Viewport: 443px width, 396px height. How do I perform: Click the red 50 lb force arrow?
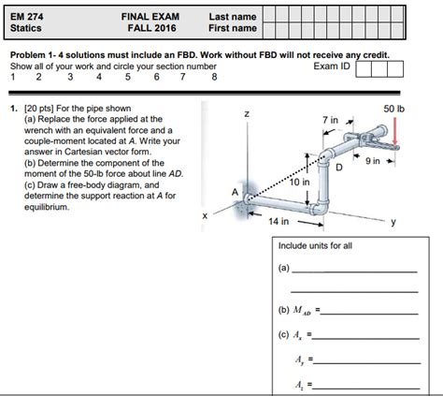pos(395,131)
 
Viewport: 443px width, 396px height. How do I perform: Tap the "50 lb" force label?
pos(393,109)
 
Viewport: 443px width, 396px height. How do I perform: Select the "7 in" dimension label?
pos(330,120)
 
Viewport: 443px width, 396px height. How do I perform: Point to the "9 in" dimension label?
pos(373,161)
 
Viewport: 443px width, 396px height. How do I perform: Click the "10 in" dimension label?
pos(299,182)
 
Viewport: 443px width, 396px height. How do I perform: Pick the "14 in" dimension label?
pos(279,221)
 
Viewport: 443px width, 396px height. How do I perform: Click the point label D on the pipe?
pos(339,168)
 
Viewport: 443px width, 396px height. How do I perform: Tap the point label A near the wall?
pos(235,192)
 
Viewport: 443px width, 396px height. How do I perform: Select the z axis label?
pos(247,114)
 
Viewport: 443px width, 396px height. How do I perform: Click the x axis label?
pos(205,215)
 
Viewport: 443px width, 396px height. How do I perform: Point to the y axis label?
pos(393,222)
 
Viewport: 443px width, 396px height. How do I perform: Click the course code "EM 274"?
pos(27,17)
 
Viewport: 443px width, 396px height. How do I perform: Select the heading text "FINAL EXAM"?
pos(150,17)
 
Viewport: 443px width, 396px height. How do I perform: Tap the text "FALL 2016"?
pos(151,28)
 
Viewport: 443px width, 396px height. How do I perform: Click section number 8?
pos(214,77)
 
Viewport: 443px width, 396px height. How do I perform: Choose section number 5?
pos(128,77)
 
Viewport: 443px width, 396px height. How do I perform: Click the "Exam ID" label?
pos(332,66)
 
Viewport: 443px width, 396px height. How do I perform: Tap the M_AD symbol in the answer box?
pos(302,311)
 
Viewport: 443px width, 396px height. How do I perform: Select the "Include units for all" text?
pos(315,246)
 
